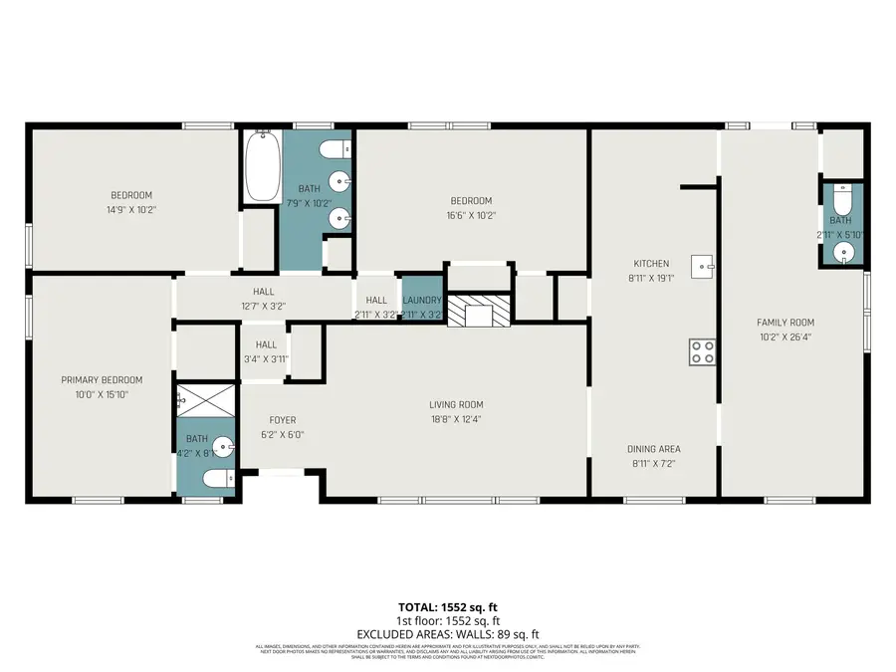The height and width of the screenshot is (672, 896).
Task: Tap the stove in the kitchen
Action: click(703, 350)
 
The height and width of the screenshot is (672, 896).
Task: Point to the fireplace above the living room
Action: click(479, 312)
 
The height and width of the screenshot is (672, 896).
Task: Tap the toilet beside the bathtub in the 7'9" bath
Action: click(335, 149)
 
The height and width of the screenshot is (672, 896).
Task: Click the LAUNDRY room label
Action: click(422, 300)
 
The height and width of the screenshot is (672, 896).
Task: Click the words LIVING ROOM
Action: click(456, 404)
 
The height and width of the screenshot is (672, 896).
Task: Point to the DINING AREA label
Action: click(654, 449)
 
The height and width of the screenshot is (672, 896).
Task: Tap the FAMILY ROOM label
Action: click(785, 323)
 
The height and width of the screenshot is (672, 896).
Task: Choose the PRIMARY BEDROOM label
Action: click(102, 379)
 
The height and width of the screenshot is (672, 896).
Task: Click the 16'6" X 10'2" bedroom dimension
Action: click(471, 214)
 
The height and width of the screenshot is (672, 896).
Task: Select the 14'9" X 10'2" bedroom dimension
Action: click(131, 209)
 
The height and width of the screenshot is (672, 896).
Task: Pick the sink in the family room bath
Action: click(845, 251)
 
